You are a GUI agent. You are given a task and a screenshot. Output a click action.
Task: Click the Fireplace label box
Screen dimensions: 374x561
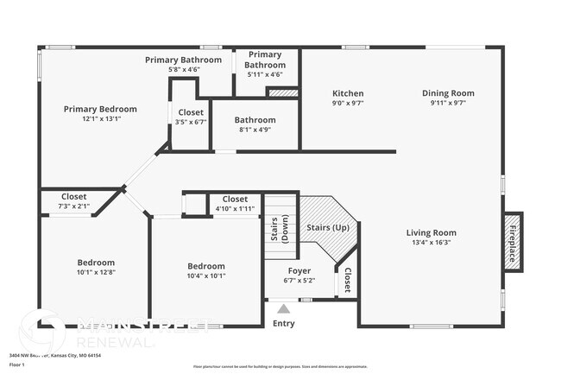point(512,243)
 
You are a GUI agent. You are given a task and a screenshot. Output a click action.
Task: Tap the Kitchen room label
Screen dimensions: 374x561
point(348,93)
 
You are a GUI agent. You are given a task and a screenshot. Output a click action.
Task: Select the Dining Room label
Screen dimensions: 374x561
point(448,93)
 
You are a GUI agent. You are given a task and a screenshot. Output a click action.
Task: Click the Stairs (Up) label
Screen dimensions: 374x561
point(328,227)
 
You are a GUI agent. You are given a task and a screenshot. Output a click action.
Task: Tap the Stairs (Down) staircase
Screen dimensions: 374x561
point(280,228)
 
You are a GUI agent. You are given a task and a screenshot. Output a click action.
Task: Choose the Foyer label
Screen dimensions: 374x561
point(299,270)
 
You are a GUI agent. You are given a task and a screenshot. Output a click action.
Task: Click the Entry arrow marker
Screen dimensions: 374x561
point(283,307)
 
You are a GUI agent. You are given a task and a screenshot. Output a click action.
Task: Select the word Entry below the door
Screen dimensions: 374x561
point(283,324)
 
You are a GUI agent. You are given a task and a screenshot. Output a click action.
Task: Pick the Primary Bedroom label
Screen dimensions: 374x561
point(100,109)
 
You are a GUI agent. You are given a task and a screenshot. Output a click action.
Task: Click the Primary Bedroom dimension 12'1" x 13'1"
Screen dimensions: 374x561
point(100,119)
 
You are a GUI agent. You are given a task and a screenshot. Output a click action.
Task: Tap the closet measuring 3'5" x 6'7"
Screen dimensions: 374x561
point(190,117)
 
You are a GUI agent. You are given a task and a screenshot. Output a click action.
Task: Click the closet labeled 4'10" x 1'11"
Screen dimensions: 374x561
point(234,204)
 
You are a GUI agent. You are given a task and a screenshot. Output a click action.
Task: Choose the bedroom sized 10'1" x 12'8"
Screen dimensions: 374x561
point(95,268)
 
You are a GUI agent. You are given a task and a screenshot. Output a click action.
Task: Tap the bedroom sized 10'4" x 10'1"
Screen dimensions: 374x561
point(205,271)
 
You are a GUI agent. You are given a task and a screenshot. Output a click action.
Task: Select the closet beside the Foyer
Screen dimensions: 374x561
point(347,281)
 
